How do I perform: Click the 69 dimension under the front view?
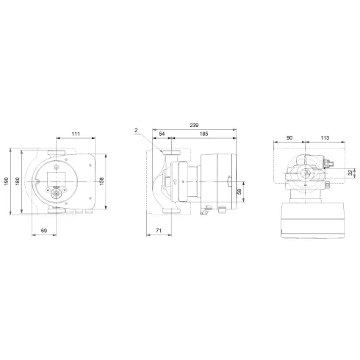[43, 231]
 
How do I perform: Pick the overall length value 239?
[194, 125]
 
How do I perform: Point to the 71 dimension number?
[159, 231]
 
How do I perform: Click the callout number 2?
[137, 130]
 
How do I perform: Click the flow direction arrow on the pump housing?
[168, 181]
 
